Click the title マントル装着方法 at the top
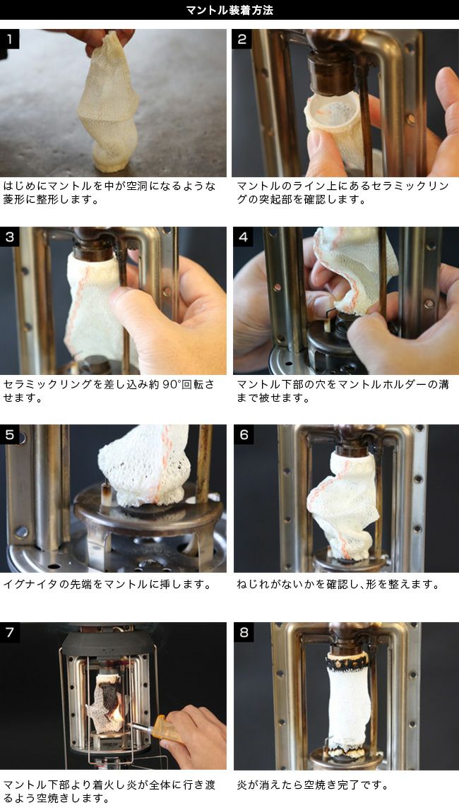[229, 10]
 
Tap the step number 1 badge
[10, 39]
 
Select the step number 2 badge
[242, 39]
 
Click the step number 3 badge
[10, 237]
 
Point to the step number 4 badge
[243, 237]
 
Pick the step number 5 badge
[10, 435]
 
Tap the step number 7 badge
[10, 632]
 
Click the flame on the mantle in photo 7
[118, 712]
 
